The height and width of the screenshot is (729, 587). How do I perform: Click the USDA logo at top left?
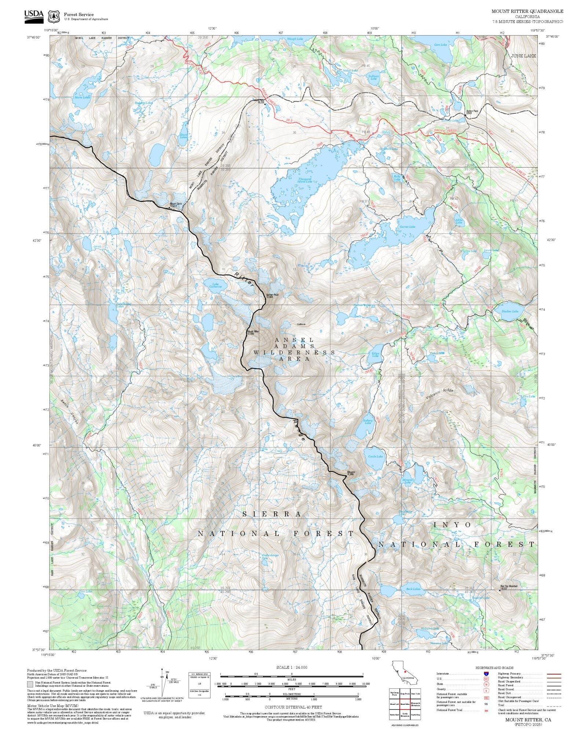coord(34,17)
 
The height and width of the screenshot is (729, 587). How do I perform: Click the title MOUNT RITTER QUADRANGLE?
coord(527,11)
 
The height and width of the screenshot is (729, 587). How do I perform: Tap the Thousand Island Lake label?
coord(305,180)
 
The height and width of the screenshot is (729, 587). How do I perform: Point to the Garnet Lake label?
coord(407,227)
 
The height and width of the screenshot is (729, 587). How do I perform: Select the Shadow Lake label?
coord(510,311)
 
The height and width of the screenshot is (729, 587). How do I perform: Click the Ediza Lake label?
coord(375,355)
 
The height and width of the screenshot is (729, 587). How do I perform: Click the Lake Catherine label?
coord(215,285)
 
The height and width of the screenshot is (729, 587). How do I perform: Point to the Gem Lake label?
coord(440,45)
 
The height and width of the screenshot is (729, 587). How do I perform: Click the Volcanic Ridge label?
coord(440,394)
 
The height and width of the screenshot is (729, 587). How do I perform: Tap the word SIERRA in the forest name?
coord(272,514)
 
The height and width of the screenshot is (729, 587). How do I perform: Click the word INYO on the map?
coord(452,525)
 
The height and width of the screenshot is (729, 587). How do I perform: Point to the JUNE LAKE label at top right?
coord(524,56)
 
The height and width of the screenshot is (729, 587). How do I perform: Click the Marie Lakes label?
coord(82,97)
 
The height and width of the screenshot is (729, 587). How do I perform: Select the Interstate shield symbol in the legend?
coord(486,674)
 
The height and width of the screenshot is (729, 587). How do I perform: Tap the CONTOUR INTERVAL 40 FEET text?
coord(293,707)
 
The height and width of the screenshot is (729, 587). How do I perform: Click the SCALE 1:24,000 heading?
coord(292,667)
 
